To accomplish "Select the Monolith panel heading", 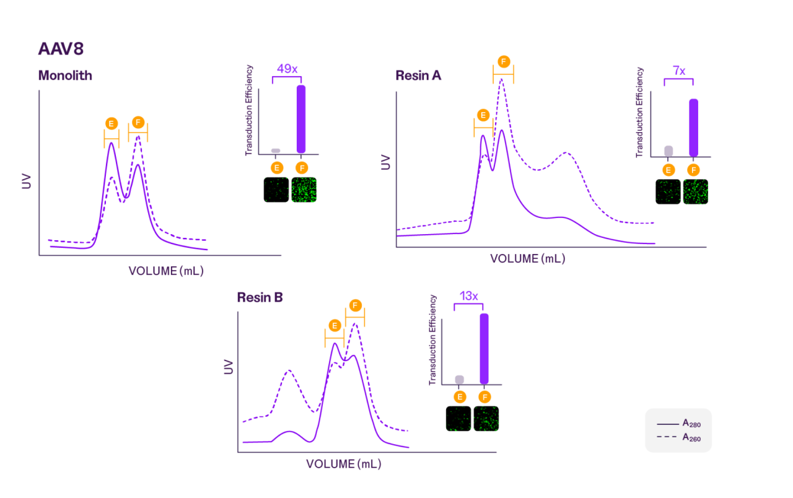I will click(65, 76).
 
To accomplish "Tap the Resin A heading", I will click(419, 76).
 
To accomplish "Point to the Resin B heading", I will click(260, 297).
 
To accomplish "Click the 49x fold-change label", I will click(286, 68).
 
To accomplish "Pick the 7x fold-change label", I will click(678, 71).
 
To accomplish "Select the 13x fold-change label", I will click(468, 296).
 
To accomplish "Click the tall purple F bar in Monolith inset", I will click(301, 119).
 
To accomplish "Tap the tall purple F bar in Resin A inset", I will click(693, 128).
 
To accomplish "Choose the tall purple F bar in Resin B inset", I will click(484, 349).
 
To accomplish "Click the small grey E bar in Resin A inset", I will click(668, 151).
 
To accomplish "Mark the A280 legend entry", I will click(678, 424).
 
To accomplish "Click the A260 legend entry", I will click(678, 437).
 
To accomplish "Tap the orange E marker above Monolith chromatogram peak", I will click(112, 123).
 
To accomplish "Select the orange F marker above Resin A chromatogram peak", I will click(503, 61).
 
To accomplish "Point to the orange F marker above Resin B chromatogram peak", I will click(355, 305).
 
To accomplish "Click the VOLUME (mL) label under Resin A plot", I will click(527, 259).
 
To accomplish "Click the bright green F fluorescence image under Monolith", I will click(304, 190).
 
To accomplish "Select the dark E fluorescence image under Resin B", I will click(458, 419).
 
